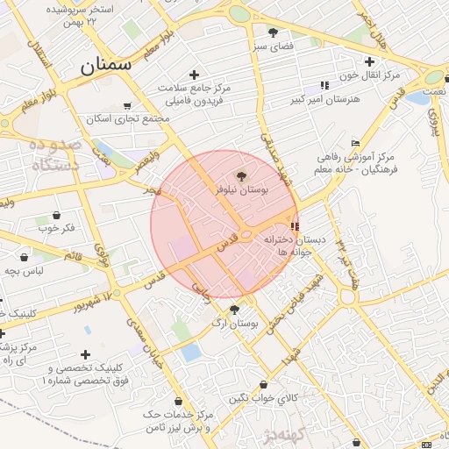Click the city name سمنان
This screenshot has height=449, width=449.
click(x=104, y=65)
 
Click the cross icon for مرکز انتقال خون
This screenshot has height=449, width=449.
click(x=369, y=61)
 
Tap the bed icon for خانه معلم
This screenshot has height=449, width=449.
click(x=355, y=143)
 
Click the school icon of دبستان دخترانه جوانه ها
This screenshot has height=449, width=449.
click(x=293, y=225)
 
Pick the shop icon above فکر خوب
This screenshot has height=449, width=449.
click(x=57, y=215)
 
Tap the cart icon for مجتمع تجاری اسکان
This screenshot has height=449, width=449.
click(x=128, y=105)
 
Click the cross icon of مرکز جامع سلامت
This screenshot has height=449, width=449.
click(x=194, y=75)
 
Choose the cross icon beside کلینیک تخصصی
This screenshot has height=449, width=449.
click(x=85, y=354)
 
